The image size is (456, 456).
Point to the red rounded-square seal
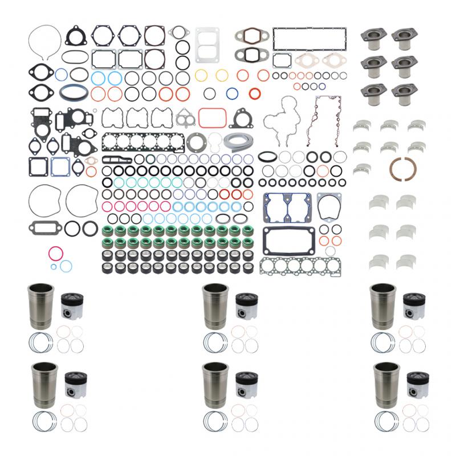209,116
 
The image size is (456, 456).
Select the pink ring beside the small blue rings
55,253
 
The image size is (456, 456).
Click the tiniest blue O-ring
54,266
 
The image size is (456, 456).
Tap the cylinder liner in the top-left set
42,306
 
